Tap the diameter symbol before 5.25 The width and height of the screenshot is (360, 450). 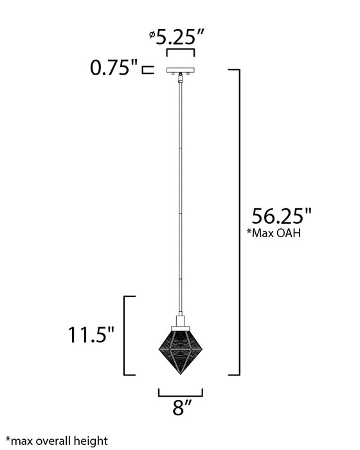[x=152, y=35]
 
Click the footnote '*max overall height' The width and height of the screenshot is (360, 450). [x=57, y=441]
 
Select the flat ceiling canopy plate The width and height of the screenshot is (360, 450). [x=181, y=70]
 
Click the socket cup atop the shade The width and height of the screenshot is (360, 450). [x=181, y=321]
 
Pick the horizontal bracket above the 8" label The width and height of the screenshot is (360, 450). [x=181, y=393]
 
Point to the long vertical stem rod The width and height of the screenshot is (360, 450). [x=181, y=193]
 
